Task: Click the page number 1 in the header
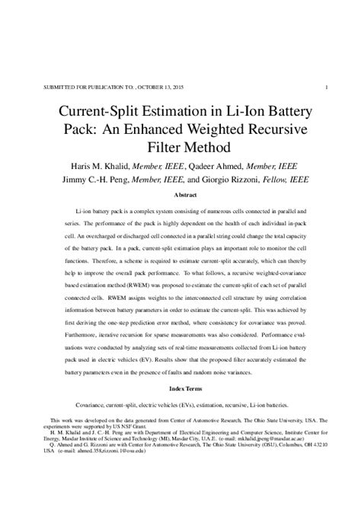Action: click(327, 87)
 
